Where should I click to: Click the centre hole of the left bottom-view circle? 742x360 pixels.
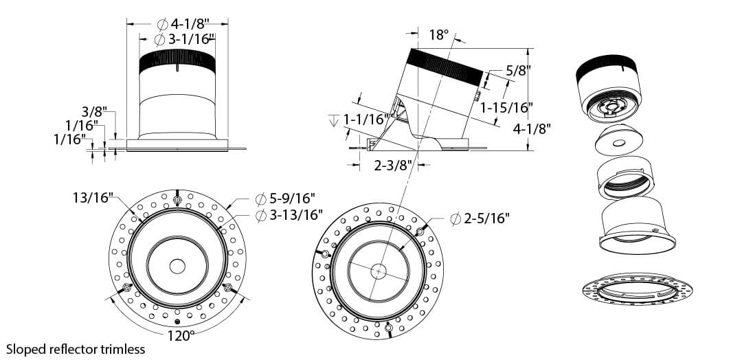pyautogui.click(x=177, y=267)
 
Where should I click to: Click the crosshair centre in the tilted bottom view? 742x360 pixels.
pyautogui.click(x=378, y=271)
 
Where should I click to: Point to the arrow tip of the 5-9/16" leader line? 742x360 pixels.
pyautogui.click(x=227, y=209)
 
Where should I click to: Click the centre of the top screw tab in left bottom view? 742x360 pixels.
pyautogui.click(x=177, y=201)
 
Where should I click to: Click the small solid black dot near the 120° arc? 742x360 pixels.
pyautogui.click(x=177, y=322)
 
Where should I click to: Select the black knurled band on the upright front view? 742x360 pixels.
pyautogui.click(x=177, y=61)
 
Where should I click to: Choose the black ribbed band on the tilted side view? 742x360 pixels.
pyautogui.click(x=445, y=66)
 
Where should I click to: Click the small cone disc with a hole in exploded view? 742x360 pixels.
pyautogui.click(x=618, y=139)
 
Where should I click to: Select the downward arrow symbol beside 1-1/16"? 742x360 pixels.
pyautogui.click(x=334, y=121)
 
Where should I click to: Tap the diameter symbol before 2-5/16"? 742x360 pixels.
pyautogui.click(x=456, y=219)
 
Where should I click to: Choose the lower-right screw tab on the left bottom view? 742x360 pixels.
pyautogui.click(x=227, y=288)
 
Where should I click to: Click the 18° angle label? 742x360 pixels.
pyautogui.click(x=438, y=35)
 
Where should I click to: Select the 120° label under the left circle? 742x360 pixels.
pyautogui.click(x=181, y=337)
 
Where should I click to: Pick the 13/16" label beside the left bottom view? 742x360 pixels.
pyautogui.click(x=93, y=196)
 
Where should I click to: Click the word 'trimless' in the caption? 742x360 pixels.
pyautogui.click(x=122, y=350)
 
